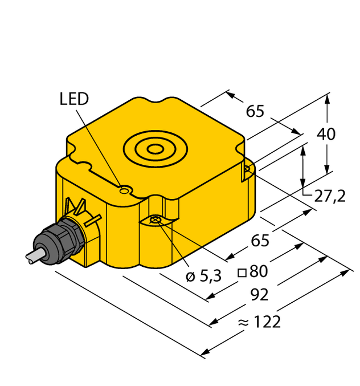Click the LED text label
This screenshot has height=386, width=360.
(x=74, y=99)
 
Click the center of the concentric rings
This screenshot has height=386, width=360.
(x=154, y=150)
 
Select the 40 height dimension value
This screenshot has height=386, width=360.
(x=326, y=135)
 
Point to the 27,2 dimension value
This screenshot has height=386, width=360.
(x=330, y=196)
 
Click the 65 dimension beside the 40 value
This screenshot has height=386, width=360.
(x=255, y=111)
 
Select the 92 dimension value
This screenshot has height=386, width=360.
(x=259, y=295)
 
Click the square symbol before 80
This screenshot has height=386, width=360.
(x=242, y=271)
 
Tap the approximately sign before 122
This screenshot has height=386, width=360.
(x=243, y=323)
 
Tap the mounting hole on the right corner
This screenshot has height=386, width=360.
(x=247, y=169)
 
